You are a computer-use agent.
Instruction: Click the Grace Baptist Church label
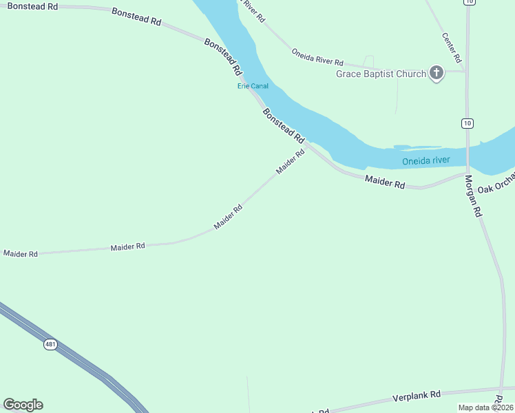[x=381, y=74]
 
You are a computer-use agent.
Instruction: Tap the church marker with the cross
[x=436, y=72]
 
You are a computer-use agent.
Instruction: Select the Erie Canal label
[x=253, y=86]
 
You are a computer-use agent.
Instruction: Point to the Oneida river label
[x=425, y=161]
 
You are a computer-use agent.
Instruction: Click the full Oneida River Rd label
[x=317, y=57]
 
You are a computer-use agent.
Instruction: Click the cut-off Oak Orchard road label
[x=496, y=184]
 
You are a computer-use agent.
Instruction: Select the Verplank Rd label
[x=416, y=396]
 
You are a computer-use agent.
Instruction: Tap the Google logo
[x=23, y=405]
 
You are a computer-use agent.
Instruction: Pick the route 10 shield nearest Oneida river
[x=467, y=123]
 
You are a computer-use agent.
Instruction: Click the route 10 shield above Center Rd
[x=469, y=2]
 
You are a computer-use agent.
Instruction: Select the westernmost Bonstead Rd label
[x=33, y=6]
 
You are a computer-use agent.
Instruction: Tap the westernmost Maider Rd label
[x=20, y=254]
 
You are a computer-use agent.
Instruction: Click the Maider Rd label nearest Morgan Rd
[x=385, y=182]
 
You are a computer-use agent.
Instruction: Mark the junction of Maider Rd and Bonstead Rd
[x=307, y=145]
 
